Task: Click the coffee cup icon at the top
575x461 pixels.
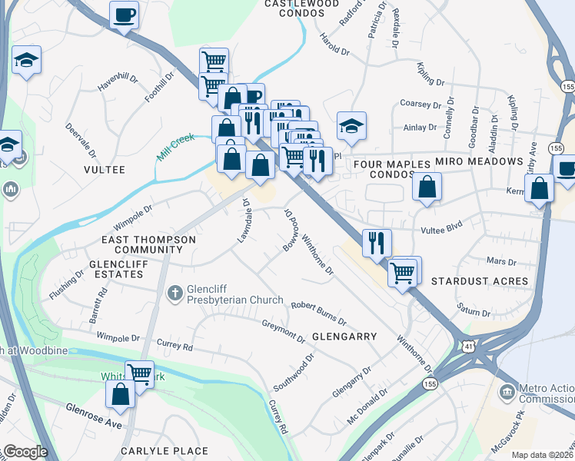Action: pos(124,15)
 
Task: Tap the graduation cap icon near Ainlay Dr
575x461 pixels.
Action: pos(351,125)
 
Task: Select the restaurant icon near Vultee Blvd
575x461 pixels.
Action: pos(377,242)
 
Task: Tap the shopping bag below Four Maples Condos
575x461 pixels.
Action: pos(427,187)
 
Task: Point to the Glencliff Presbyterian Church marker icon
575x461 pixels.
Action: pos(174,292)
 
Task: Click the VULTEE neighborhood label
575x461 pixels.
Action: pos(104,169)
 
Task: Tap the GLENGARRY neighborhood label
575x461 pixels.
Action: pos(344,337)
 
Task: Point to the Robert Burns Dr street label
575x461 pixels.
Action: pos(318,313)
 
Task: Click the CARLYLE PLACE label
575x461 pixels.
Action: pos(169,451)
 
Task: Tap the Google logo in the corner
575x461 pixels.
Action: pos(25,452)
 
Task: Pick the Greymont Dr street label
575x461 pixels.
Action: pos(284,330)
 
